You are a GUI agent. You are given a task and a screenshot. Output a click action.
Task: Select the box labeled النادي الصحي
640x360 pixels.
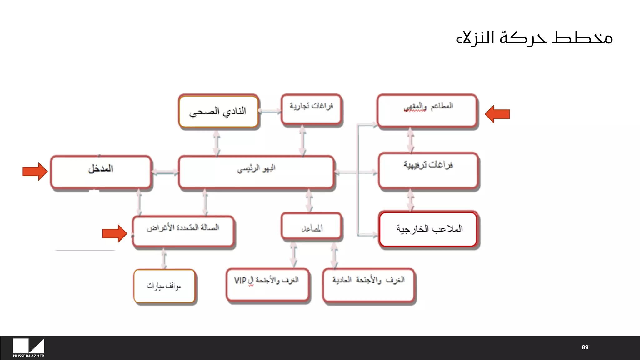(218, 112)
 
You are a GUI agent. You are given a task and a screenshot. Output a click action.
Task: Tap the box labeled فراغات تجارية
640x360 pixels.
(311, 109)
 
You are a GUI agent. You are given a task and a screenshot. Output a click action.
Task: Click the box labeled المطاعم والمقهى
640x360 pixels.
(427, 111)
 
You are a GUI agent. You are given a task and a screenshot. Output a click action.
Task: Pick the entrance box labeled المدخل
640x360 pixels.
(101, 172)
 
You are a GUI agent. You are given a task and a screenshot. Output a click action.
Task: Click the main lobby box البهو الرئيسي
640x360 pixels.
(256, 172)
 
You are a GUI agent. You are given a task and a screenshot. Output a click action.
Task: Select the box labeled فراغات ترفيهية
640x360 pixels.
(428, 170)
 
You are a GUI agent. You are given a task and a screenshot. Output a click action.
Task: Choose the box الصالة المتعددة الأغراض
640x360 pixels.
(183, 231)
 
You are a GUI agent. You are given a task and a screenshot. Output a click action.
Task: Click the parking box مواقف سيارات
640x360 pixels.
(164, 286)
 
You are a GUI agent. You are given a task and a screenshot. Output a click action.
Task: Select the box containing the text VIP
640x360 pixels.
(267, 284)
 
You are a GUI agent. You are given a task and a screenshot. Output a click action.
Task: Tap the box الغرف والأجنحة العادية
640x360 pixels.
(369, 285)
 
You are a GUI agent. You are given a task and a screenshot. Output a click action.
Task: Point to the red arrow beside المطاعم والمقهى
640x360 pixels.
(497, 114)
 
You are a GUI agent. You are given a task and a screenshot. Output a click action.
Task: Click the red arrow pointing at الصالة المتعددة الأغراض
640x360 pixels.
(114, 233)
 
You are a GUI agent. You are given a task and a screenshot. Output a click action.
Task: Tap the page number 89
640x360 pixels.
(585, 347)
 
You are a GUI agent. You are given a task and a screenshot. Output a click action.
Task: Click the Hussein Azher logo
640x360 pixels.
(28, 348)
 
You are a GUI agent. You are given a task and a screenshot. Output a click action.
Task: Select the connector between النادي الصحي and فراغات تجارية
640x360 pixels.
(270, 111)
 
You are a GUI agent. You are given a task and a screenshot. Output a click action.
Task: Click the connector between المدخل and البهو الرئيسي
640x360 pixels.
(165, 172)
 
